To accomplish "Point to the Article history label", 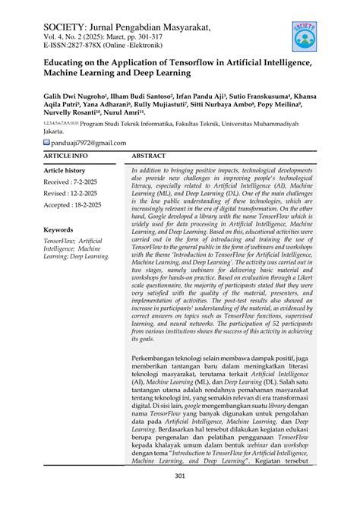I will tap(65, 171).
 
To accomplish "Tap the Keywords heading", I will tap(58, 229).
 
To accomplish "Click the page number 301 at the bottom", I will tap(180, 476).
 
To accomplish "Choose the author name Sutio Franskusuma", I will tap(251, 98).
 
